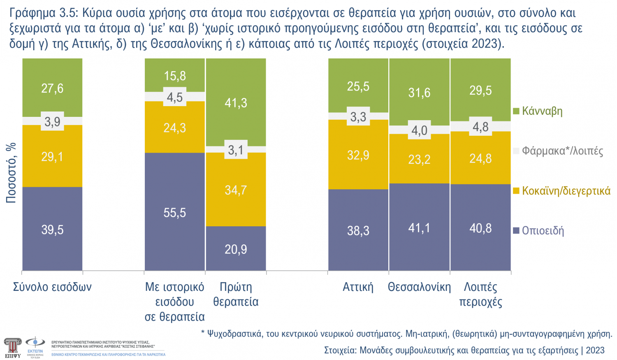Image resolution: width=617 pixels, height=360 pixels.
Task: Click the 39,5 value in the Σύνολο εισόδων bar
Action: pos(52,230)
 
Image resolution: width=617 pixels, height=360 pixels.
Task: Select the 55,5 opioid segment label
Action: pos(174,213)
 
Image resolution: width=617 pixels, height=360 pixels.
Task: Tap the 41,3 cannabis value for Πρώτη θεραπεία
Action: pos(236,103)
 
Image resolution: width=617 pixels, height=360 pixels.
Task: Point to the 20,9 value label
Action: pos(236,249)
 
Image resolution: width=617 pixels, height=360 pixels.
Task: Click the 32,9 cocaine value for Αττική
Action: pos(358,155)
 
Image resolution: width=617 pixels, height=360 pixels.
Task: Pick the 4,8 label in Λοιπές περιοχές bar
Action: pos(480,127)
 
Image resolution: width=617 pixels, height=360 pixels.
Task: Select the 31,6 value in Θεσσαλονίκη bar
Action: pos(419,93)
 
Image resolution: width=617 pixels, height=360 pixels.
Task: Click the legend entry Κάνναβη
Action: pos(542,111)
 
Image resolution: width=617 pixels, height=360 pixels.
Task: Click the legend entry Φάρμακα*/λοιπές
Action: pos(562,151)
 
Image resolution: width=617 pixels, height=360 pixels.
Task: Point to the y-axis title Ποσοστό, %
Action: pos(11,173)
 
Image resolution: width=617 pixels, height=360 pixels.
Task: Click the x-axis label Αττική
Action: pos(358,287)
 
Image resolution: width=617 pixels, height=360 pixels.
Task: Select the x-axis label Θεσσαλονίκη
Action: pos(419,287)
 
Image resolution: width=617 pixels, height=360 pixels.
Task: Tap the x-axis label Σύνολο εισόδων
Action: pos(52,287)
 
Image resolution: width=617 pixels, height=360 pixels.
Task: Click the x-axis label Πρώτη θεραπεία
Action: pos(236,294)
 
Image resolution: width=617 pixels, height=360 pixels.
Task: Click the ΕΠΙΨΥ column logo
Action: pos(12,347)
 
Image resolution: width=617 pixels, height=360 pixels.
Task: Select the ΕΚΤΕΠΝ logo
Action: pos(35,347)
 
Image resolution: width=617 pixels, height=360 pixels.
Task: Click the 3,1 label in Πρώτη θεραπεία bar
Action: pos(236,150)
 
